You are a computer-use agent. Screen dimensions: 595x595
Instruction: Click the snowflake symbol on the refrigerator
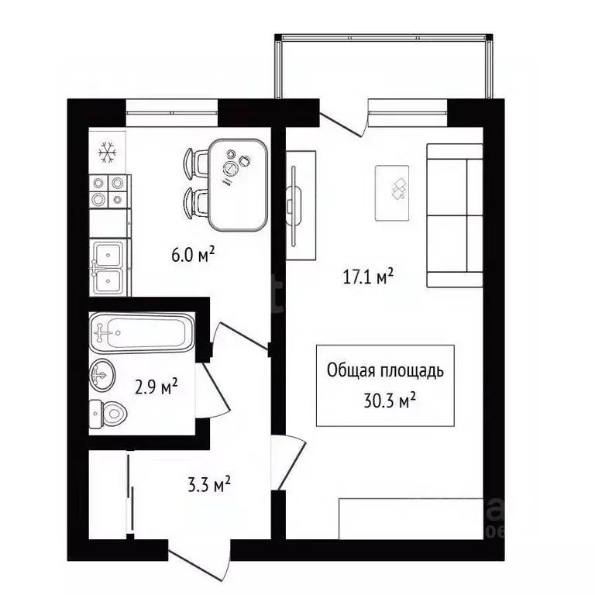coord(108,153)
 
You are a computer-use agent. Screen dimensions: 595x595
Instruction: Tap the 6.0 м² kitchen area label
coord(193,254)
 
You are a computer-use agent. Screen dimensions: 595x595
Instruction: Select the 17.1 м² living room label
coord(368,277)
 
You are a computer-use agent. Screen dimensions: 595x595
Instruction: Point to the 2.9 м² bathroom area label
coord(156,387)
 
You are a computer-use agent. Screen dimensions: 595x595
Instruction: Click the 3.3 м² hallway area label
coord(209,484)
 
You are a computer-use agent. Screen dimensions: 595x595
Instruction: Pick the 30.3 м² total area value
coord(390,401)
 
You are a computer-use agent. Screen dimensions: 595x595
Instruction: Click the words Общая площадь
coord(385,370)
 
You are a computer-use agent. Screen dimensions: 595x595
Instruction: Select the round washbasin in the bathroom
coord(102,375)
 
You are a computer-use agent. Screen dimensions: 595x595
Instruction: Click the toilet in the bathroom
coord(108,414)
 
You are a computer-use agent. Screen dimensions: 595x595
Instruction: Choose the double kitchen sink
coord(110,267)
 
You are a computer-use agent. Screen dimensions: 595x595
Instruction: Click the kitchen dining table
coord(239,185)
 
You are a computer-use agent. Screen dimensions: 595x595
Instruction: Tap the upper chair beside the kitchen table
coord(196,163)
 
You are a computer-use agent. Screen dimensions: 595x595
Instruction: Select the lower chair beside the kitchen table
coord(196,205)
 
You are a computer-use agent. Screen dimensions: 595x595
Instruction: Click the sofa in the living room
coord(455,215)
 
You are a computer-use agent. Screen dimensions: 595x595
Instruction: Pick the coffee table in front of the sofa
coord(392,193)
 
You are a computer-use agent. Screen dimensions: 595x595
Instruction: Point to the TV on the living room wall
coord(294,206)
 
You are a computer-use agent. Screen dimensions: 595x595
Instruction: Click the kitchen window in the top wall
coord(171,112)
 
